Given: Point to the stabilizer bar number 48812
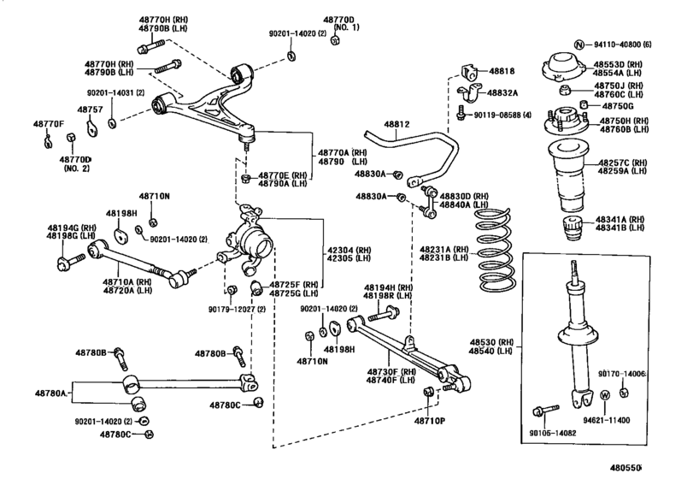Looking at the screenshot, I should pos(396,124).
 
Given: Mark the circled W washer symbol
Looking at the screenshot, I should pos(604,395).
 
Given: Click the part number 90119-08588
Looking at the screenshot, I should pos(502,115).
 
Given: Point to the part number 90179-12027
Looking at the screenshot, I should pos(240,309).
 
